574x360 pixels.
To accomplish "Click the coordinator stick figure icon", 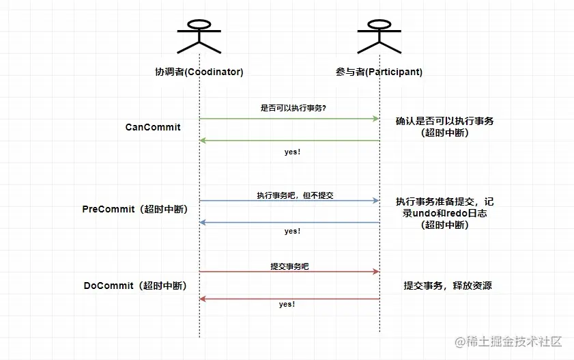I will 199,34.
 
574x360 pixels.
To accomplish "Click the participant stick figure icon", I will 379,34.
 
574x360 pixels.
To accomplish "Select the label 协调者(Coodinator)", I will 199,72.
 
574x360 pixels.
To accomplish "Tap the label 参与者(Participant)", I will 379,72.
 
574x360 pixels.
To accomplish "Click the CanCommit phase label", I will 153,127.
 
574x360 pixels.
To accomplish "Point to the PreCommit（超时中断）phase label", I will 134,209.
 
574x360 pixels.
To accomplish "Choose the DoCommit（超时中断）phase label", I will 135,286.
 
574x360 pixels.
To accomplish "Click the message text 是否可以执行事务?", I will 289,108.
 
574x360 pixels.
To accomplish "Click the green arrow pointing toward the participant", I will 289,119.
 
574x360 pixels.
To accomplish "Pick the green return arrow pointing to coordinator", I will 289,141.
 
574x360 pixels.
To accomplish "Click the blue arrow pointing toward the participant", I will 289,201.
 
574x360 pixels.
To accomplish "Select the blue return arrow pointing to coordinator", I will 289,223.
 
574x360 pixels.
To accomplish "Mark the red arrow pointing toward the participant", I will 289,272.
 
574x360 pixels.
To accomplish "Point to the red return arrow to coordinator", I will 289,299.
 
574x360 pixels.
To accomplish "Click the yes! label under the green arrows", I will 292,152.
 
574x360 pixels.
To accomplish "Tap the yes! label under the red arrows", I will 287,304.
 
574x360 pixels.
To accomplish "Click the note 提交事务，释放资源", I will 448,286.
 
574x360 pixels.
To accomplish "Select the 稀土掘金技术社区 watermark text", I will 509,341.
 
